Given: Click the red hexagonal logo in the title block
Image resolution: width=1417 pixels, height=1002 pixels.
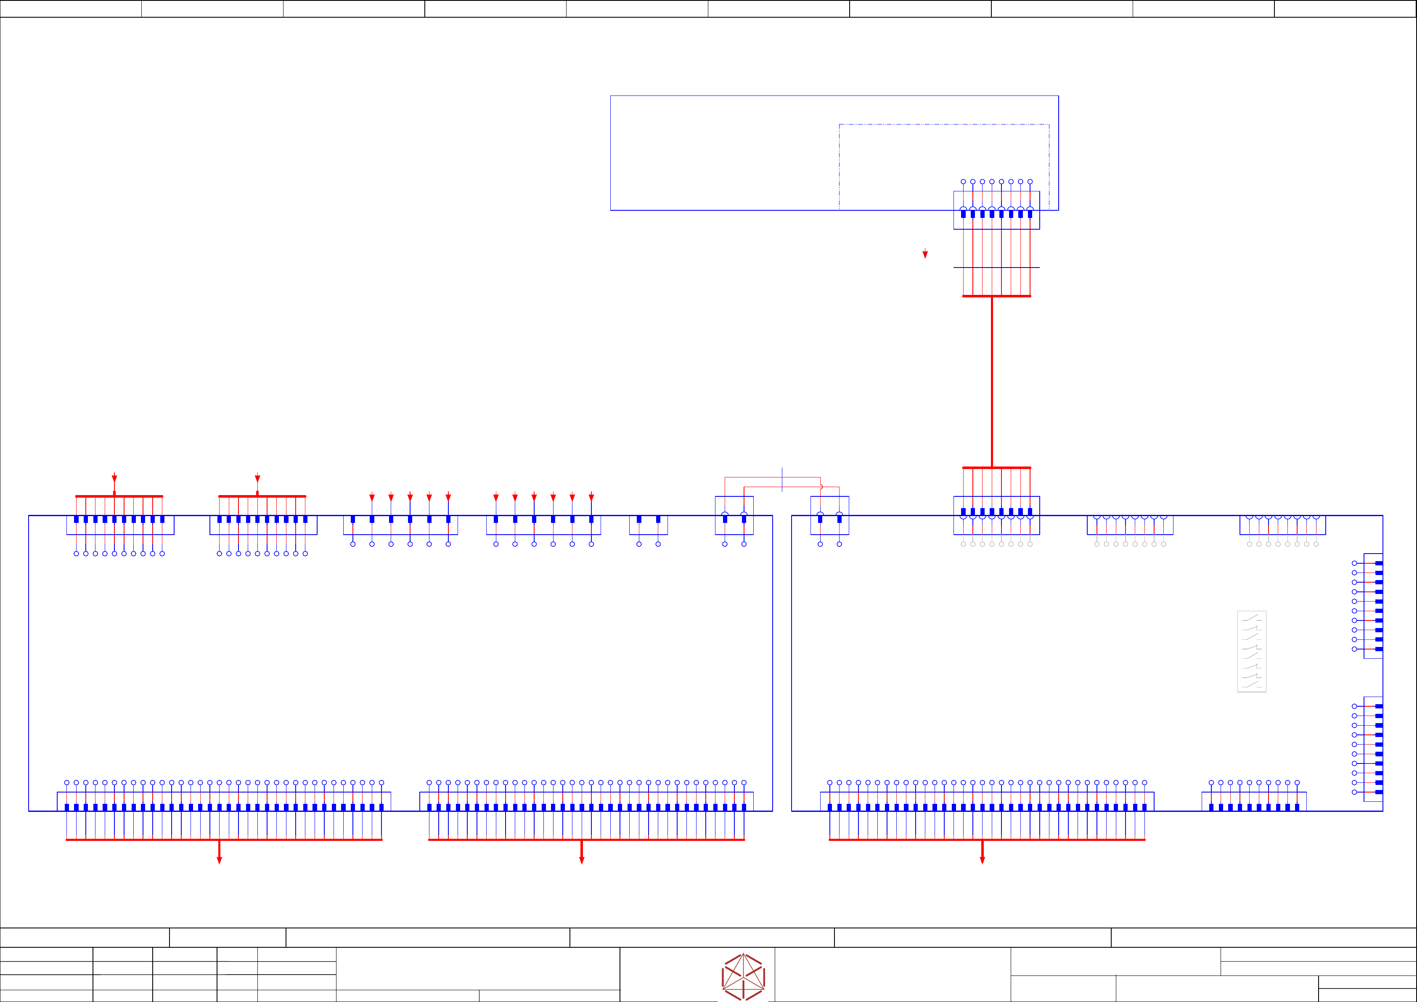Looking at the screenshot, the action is point(743,977).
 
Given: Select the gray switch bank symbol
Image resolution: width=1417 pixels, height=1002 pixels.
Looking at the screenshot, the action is point(1252,651).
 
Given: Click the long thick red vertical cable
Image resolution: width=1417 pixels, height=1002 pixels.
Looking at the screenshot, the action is point(992,382).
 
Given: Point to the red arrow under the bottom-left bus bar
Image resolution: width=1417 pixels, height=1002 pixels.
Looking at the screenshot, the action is point(219,859).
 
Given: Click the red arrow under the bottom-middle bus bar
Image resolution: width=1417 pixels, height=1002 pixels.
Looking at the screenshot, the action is point(581,859).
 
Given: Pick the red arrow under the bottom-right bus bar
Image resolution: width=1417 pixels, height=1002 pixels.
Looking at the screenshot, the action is point(983,859).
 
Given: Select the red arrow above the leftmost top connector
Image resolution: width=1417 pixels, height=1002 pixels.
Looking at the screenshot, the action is point(114,478).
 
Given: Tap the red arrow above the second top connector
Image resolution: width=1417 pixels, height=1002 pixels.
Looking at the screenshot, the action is point(257,478).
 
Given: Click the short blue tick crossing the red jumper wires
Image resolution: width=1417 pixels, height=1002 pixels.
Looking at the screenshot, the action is point(782,480).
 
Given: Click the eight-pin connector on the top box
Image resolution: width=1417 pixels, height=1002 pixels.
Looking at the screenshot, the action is point(996,210).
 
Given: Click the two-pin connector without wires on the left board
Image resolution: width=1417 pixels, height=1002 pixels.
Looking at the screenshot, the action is point(648,525).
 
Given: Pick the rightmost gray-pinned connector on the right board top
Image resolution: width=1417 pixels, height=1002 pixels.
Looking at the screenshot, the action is point(1282,525).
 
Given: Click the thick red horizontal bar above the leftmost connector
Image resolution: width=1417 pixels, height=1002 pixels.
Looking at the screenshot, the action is point(119,496).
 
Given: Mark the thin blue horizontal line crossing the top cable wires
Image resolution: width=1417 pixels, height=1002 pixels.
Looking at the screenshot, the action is point(996,267).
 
